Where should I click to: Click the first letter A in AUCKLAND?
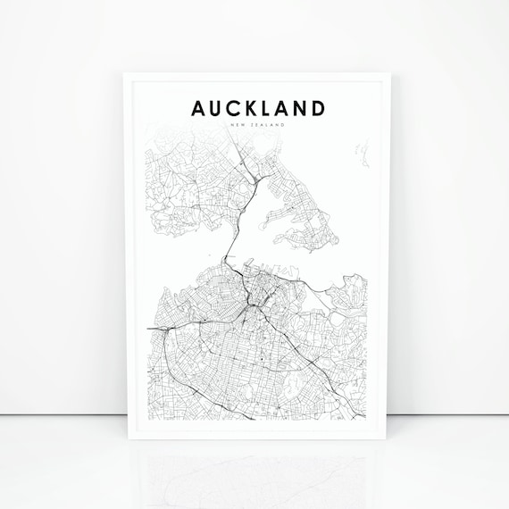198,109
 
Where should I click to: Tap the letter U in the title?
217,109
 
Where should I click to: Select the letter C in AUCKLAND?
236,109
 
